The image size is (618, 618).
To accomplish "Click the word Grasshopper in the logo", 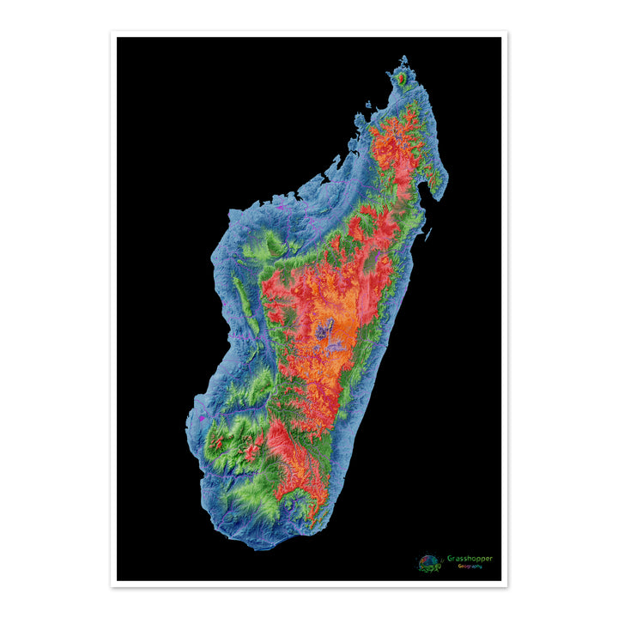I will pyautogui.click(x=470, y=559).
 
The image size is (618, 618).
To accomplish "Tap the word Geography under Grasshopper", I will pyautogui.click(x=470, y=566).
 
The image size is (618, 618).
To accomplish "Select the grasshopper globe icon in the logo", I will pyautogui.click(x=429, y=562).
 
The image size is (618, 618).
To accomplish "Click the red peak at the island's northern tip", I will pyautogui.click(x=400, y=78).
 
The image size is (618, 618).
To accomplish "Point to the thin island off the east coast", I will pyautogui.click(x=428, y=231).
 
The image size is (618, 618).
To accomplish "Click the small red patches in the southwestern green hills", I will pyautogui.click(x=219, y=443).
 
